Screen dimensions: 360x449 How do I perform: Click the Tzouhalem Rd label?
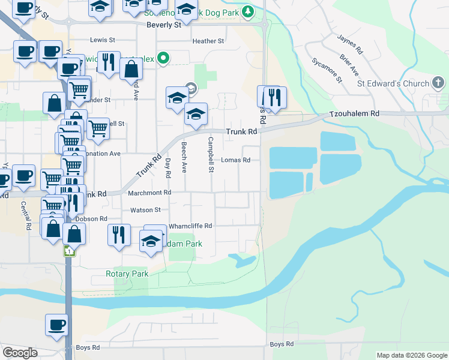(x=354, y=113)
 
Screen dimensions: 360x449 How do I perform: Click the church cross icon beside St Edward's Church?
(x=439, y=83)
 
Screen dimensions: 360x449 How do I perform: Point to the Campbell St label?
(x=211, y=155)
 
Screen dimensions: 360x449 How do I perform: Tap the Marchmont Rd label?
(x=149, y=193)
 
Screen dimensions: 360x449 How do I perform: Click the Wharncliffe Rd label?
(x=190, y=226)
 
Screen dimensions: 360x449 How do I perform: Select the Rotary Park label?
(x=127, y=274)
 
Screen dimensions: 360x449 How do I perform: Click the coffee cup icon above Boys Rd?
(x=56, y=324)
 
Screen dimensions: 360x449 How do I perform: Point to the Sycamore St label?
(x=327, y=70)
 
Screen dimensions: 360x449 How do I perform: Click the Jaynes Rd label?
(x=349, y=44)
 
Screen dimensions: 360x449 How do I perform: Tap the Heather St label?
(x=208, y=41)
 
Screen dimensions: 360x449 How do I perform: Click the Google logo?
(x=20, y=353)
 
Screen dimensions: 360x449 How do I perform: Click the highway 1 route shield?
(x=70, y=251)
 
